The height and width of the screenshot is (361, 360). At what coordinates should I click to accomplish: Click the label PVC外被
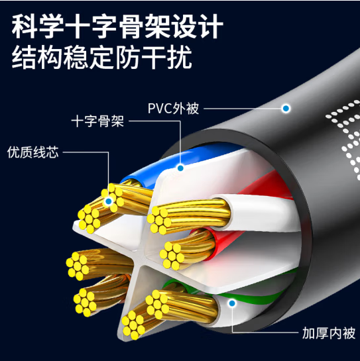coord(173,108)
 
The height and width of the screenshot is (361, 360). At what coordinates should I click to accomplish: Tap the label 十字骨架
coord(97,121)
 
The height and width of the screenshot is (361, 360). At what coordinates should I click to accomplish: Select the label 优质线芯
coord(33,152)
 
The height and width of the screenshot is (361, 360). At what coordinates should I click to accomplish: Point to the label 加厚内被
coord(329,333)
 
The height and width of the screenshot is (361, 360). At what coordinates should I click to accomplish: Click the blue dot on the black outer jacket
coord(286,108)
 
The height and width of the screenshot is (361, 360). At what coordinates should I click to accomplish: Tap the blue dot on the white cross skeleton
coord(180,168)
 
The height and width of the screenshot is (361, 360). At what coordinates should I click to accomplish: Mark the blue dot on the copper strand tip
coord(109,201)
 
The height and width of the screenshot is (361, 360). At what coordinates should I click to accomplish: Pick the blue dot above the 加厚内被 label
coord(232,303)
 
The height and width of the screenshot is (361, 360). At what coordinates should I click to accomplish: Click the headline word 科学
coord(37,26)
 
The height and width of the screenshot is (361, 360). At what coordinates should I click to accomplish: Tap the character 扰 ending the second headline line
coord(180,57)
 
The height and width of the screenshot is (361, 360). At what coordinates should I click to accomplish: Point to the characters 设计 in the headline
coord(198,26)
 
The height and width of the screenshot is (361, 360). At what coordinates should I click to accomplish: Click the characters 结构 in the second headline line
coord(37,57)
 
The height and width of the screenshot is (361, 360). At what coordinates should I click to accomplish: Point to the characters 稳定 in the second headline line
coord(89,57)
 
